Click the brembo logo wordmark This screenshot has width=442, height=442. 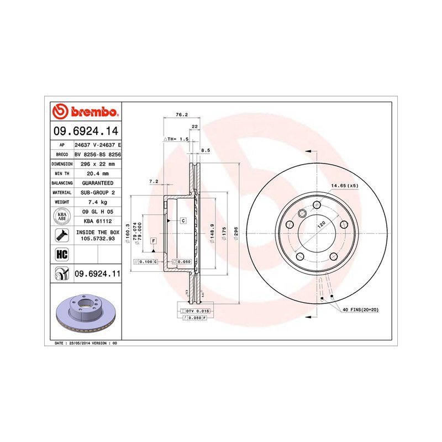pos(94,112)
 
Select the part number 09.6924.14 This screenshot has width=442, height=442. pos(86,131)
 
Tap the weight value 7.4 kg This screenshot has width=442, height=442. pos(97,202)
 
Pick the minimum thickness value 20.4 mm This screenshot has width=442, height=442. pos(98,173)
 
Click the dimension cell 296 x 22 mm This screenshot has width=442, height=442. pos(98,164)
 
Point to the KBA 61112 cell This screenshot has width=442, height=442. pos(98,222)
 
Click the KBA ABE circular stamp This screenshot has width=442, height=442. pos(62,217)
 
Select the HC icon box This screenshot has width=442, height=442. pos(62,254)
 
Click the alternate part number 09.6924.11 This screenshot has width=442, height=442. pos(98,273)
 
